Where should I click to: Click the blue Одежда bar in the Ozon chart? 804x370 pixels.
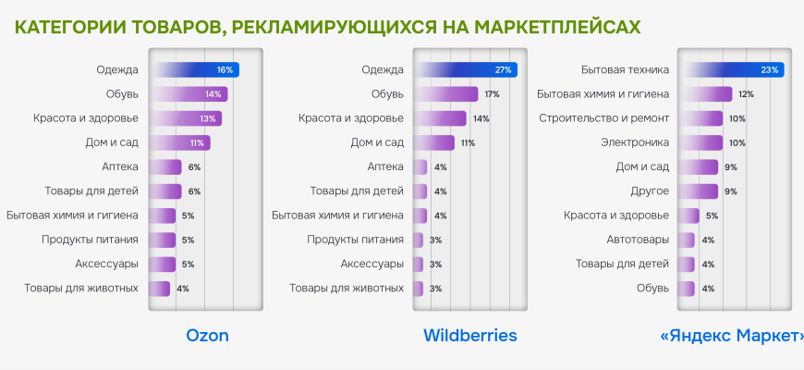(x=195, y=69)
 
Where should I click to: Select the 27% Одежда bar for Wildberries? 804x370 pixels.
(x=466, y=69)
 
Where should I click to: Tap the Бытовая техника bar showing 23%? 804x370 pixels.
(x=730, y=69)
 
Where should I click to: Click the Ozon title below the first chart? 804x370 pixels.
(x=207, y=335)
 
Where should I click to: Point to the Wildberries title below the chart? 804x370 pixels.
(x=469, y=335)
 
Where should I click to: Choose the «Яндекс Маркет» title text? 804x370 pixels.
(x=732, y=335)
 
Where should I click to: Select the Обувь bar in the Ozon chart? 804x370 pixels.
(x=189, y=93)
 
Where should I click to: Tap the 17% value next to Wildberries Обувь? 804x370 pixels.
(x=492, y=94)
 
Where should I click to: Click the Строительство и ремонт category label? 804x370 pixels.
(x=603, y=118)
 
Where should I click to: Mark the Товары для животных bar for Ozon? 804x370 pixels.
(x=160, y=288)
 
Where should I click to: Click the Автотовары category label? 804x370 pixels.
(x=638, y=240)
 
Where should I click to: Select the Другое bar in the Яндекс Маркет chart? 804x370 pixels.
(x=698, y=191)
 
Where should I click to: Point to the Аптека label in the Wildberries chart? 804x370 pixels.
(x=385, y=166)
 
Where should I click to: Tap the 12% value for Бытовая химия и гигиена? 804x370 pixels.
(x=746, y=94)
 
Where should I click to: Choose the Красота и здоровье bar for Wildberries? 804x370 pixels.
(x=440, y=118)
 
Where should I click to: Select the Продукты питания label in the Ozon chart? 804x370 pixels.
(x=90, y=240)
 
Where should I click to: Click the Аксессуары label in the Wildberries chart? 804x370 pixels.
(x=372, y=264)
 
